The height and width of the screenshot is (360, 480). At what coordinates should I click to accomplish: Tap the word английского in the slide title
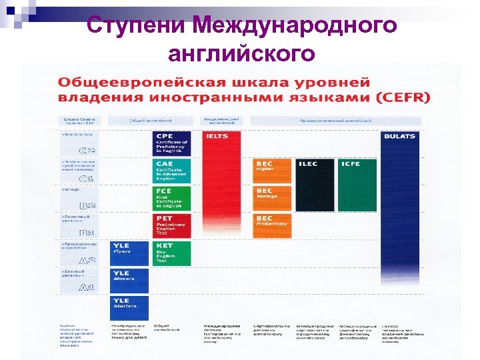coord(241,53)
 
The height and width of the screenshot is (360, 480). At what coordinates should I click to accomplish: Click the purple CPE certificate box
coord(172,143)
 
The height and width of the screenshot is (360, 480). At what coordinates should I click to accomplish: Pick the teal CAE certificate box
coord(172,171)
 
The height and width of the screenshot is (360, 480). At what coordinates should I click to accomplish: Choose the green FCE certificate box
coord(172,199)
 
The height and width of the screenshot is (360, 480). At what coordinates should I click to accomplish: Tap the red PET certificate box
coord(172,226)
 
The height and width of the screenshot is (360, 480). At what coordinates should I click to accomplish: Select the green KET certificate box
coord(172,253)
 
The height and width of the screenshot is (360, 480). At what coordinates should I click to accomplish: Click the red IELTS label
coord(217,136)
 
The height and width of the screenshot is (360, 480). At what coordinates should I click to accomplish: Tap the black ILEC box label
coord(309,163)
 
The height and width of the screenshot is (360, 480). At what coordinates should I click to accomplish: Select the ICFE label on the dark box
coord(351,163)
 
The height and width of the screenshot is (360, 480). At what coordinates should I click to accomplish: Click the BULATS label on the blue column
coord(399,136)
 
